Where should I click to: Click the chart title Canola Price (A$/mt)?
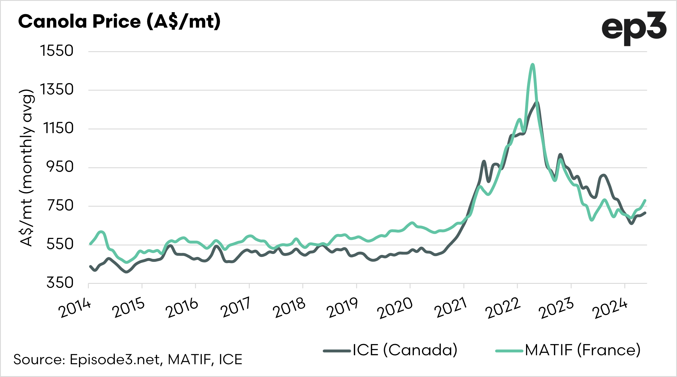[119, 22]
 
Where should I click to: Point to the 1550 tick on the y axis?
[57, 51]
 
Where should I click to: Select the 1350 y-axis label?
[57, 90]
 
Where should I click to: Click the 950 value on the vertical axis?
[60, 167]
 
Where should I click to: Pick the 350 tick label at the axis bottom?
[60, 283]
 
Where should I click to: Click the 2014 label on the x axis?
[75, 308]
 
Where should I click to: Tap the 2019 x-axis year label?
[342, 308]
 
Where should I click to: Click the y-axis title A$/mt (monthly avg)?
[27, 168]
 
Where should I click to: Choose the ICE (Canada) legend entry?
[390, 350]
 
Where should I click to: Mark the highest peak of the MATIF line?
[532, 65]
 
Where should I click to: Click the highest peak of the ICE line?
[537, 102]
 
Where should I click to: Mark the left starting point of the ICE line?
[91, 266]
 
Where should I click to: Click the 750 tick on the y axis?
[60, 206]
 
